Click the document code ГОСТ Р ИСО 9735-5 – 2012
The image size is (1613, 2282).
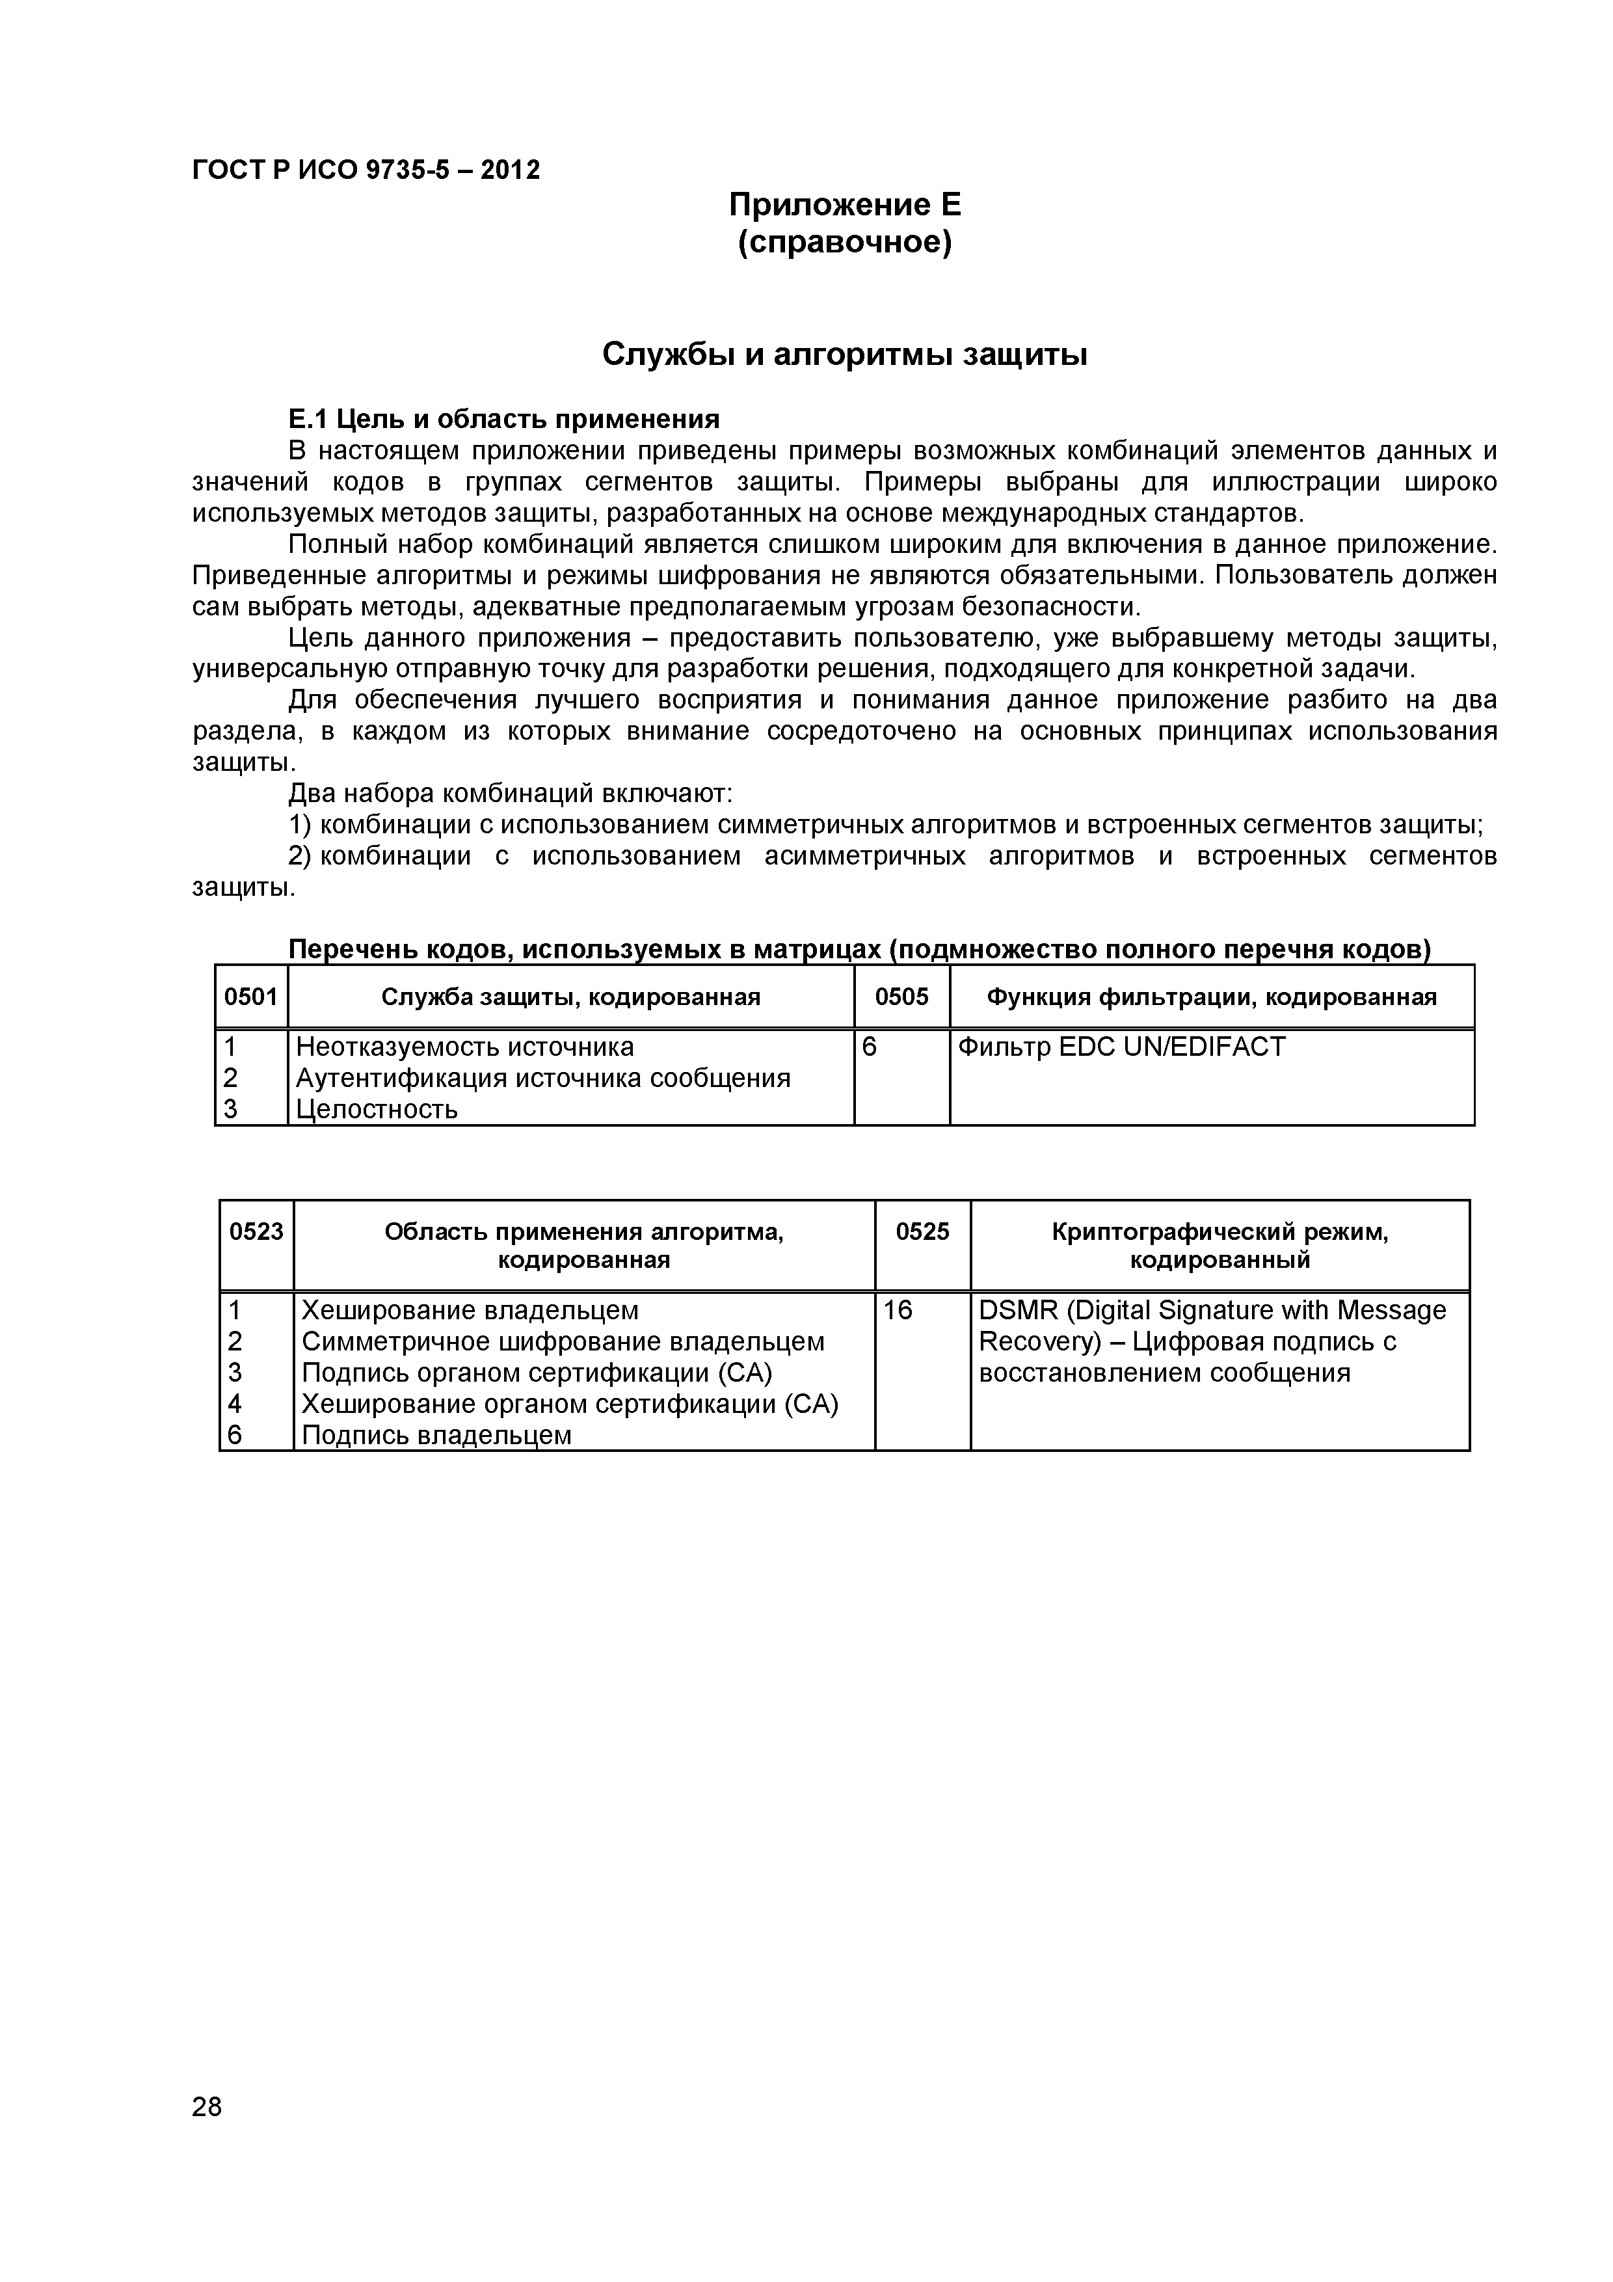pos(366,170)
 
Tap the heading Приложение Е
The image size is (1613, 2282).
pos(845,205)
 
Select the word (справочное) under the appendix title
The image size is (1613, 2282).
pos(845,243)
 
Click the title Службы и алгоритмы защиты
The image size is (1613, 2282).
pos(845,355)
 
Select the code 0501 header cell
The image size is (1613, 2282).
pos(250,997)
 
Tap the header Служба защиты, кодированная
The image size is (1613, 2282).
pos(570,997)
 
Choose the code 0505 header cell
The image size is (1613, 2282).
pos(901,997)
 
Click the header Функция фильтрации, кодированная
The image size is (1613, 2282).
pos(1212,997)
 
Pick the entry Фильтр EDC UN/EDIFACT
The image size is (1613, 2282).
pos(1121,1047)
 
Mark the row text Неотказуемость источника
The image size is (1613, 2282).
pos(465,1047)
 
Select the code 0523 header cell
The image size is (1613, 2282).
pos(256,1231)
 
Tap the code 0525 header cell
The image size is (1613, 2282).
pos(922,1231)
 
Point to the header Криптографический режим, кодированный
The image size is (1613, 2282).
pos(1220,1245)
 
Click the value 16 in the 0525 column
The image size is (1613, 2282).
pos(898,1310)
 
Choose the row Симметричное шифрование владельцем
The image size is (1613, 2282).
pos(563,1342)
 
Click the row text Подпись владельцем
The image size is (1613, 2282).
pos(436,1434)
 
